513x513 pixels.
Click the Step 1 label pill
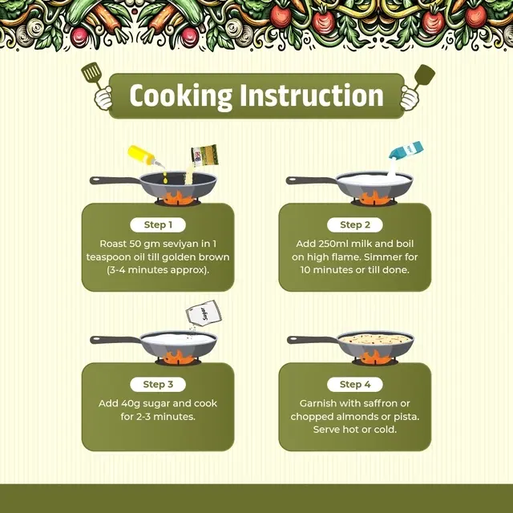point(158,224)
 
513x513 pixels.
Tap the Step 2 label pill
point(354,224)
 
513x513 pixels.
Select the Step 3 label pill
point(158,385)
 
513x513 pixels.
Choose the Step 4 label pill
point(354,385)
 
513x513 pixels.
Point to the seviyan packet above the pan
point(204,156)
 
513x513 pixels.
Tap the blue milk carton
point(406,151)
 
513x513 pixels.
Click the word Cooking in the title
point(180,96)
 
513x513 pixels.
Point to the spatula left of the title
point(92,75)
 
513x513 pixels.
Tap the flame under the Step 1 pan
point(178,199)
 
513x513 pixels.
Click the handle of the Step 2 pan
point(312,180)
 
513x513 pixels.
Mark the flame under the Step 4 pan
point(375,357)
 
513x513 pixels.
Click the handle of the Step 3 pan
point(115,340)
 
